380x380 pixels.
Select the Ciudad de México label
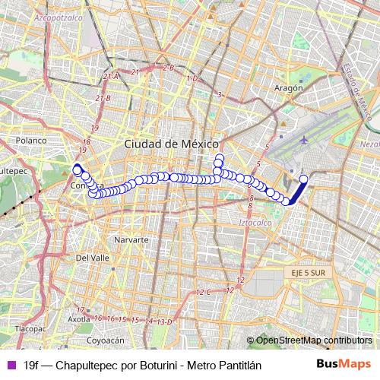pyautogui.click(x=171, y=144)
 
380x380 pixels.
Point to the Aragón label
pyautogui.click(x=288, y=87)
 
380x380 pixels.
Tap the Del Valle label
pyautogui.click(x=93, y=258)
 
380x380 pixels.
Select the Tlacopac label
pyautogui.click(x=31, y=329)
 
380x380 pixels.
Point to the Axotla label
pyautogui.click(x=79, y=320)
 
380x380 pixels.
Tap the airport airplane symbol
pyautogui.click(x=305, y=140)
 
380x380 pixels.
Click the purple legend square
pyautogui.click(x=11, y=365)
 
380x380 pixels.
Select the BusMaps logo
pyautogui.click(x=344, y=364)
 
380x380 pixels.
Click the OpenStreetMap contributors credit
pyautogui.click(x=313, y=340)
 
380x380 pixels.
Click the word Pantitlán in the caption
pyautogui.click(x=239, y=365)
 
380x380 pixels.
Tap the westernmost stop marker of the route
pyautogui.click(x=77, y=169)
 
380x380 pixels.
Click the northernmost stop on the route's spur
pyautogui.click(x=220, y=158)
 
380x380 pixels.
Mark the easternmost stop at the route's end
pyautogui.click(x=302, y=179)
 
